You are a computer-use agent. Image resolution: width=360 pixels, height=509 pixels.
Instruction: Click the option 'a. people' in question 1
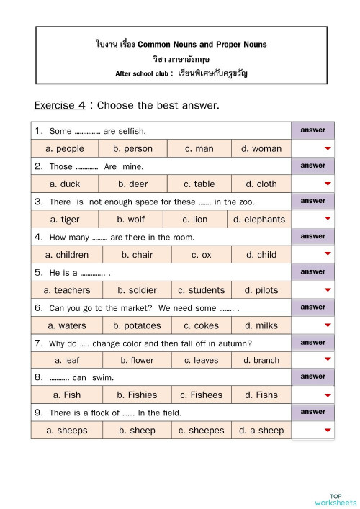[x=65, y=149]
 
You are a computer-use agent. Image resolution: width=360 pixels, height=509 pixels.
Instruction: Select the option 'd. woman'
[x=261, y=149]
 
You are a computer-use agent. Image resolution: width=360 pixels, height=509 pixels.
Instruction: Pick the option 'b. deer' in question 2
[x=132, y=184]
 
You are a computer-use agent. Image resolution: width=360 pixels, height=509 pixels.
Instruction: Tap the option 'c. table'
[x=199, y=184]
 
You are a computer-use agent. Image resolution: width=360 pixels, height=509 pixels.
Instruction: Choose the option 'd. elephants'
[x=259, y=220]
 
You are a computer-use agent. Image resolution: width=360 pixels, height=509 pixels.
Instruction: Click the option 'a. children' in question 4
[x=67, y=255]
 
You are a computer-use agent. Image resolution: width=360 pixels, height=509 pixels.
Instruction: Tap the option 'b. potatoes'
[x=138, y=325]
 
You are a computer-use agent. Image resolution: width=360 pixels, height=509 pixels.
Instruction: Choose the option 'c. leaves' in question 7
[x=201, y=360]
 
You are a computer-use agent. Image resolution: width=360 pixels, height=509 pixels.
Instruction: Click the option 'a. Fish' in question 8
[x=67, y=395]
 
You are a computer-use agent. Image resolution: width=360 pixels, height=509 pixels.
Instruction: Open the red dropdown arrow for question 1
[x=328, y=149]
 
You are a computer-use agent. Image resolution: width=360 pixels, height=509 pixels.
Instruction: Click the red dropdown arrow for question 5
[x=328, y=290]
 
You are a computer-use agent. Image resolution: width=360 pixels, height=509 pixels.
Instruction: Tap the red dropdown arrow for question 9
[x=328, y=431]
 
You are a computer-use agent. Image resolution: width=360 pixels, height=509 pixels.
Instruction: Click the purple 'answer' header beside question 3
[x=313, y=201]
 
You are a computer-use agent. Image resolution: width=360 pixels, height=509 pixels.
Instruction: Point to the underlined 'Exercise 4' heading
[x=60, y=106]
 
